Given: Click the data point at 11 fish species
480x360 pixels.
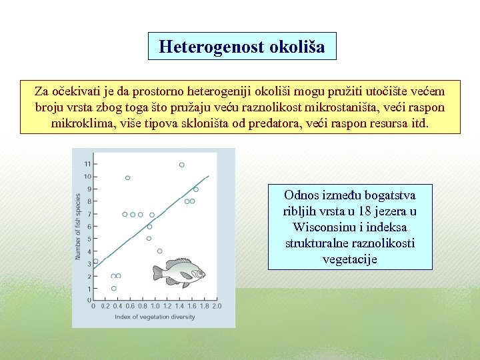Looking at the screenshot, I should point(181,165).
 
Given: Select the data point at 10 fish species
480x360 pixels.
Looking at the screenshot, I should point(127,177).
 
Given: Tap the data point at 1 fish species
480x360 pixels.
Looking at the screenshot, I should point(114,289).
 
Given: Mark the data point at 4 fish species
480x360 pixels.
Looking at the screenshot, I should point(159,251).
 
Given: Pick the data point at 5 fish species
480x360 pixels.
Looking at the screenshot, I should point(149,239).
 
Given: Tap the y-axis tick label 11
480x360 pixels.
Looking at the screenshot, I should point(87,164).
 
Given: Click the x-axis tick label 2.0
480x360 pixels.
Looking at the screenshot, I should point(217,307).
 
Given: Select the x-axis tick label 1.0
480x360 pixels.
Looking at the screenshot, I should point(155,307).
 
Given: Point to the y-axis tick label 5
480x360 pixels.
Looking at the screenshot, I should point(89,239).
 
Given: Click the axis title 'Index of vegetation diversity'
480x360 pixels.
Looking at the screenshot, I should point(155,317).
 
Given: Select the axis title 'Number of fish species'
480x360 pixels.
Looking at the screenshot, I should point(78,227).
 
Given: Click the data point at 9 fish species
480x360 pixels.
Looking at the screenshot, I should point(195,189).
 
